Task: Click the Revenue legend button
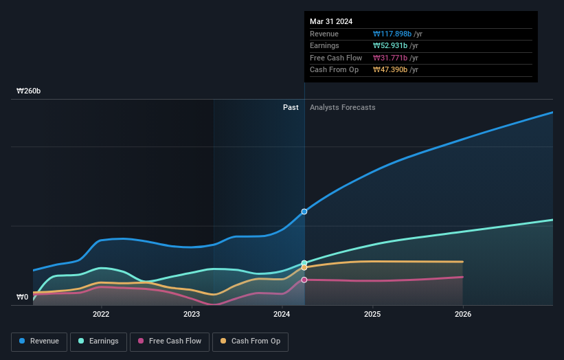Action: [x=39, y=341]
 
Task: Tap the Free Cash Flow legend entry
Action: [x=169, y=341]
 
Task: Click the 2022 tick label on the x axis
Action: [x=102, y=315]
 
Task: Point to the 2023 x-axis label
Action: [x=192, y=315]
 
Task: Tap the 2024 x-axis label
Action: [x=282, y=315]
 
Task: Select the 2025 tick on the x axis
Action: [x=372, y=315]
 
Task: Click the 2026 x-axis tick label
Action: [x=463, y=315]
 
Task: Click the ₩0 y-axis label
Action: [x=23, y=297]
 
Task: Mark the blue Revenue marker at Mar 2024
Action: [x=304, y=212]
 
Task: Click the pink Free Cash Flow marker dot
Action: [x=304, y=280]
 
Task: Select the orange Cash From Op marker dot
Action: [x=304, y=268]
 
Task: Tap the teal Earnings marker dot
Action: [x=304, y=263]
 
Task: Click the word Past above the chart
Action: [x=291, y=107]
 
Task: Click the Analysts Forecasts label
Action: [x=342, y=107]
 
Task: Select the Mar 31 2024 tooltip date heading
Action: [x=331, y=21]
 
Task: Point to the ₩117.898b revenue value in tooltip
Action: [x=392, y=34]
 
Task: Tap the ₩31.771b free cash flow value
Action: [x=390, y=58]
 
